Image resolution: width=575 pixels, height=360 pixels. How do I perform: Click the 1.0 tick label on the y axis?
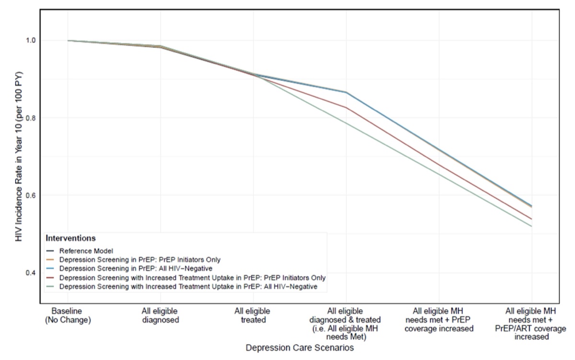[30, 41]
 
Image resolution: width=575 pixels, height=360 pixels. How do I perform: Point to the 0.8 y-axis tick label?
[30, 118]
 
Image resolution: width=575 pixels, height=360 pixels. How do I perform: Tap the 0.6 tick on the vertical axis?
[30, 195]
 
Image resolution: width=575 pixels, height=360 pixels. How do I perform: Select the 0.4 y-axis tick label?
[30, 273]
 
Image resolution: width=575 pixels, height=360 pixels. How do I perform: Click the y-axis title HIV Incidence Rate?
[19, 156]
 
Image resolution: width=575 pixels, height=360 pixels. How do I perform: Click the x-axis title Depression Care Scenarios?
[299, 348]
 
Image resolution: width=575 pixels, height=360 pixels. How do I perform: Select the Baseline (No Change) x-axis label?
[68, 315]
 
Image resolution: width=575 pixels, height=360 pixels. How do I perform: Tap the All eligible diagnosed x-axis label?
[160, 315]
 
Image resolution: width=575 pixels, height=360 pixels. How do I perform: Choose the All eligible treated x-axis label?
[253, 315]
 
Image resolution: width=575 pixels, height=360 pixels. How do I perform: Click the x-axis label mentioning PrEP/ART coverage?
[531, 324]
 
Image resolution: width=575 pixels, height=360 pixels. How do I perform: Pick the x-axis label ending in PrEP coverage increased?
[439, 320]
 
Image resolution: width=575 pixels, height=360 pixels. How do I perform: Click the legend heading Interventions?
[70, 238]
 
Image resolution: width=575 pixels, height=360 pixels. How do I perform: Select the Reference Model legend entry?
[80, 251]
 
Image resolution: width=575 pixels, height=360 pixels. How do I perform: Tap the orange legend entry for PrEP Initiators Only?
[133, 260]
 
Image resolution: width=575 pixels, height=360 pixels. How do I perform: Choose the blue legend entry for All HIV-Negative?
[129, 268]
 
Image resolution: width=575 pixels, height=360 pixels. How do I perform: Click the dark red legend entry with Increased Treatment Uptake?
[186, 278]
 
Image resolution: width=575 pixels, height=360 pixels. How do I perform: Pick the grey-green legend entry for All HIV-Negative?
[182, 287]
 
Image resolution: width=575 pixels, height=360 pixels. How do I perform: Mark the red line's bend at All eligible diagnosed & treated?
[346, 108]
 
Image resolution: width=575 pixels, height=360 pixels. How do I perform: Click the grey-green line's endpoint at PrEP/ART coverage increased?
[531, 226]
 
